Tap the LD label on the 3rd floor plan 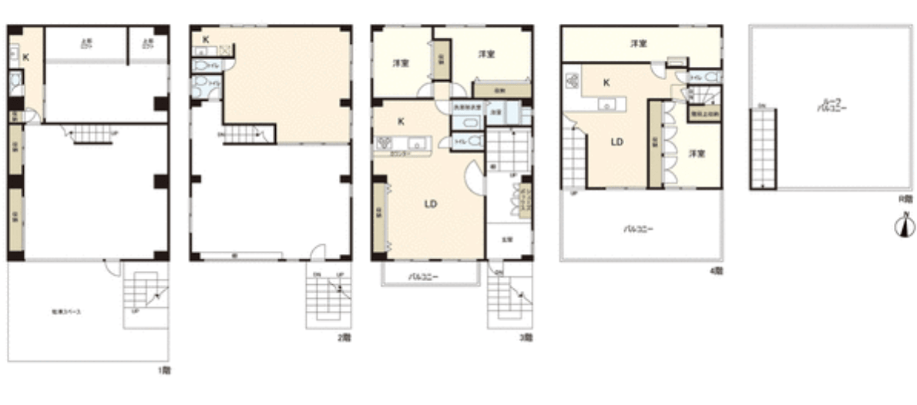(x=431, y=204)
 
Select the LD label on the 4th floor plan (x=617, y=142)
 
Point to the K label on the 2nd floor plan (x=206, y=39)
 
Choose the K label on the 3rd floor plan (x=401, y=121)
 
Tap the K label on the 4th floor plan (x=606, y=82)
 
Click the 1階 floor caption (x=163, y=370)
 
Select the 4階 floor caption (x=717, y=271)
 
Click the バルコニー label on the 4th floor (x=639, y=229)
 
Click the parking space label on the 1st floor (x=66, y=313)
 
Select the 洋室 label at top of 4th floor (x=638, y=43)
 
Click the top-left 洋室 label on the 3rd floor (x=401, y=62)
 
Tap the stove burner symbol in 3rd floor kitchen (x=384, y=142)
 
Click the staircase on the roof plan (x=763, y=148)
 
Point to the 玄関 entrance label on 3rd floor (x=507, y=239)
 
